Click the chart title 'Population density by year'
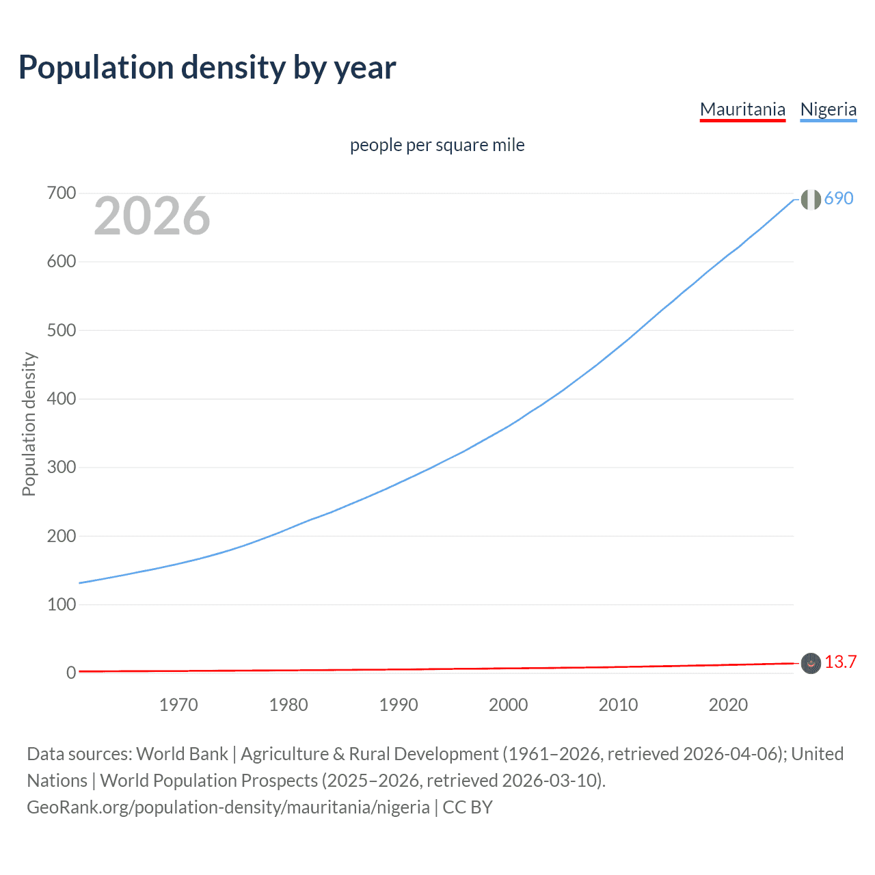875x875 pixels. pos(207,68)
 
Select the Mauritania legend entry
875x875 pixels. pos(742,109)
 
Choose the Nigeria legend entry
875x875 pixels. pos(828,109)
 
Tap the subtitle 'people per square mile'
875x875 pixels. pos(437,145)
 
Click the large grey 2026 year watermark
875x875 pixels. pos(152,216)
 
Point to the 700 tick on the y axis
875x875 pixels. pos(62,193)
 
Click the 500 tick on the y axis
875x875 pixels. pos(62,330)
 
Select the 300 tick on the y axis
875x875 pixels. pos(62,468)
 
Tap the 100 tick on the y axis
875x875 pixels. pos(62,604)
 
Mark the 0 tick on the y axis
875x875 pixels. pos(71,673)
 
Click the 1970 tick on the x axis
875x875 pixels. pos(178,705)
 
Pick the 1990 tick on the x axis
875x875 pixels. pos(399,705)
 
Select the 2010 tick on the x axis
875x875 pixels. pos(618,705)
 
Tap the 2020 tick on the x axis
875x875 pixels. pos(728,705)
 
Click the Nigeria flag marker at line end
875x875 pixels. pos(811,200)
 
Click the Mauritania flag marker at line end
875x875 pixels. pos(811,663)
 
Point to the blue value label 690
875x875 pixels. pos(839,198)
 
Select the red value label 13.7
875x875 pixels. pos(840,662)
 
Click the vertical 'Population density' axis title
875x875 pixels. pos(29,424)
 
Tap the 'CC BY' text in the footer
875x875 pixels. pos(468,807)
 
